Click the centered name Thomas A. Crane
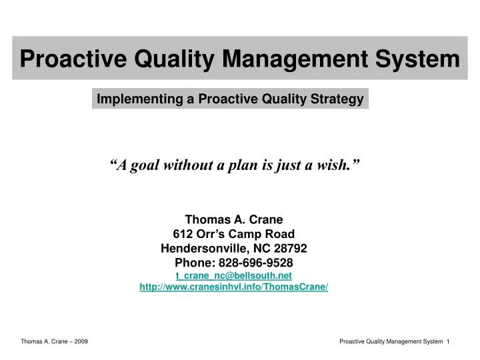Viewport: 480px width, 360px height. (x=234, y=219)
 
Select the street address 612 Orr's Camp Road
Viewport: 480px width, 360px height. (x=234, y=233)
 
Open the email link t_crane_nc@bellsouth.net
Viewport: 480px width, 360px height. (x=234, y=275)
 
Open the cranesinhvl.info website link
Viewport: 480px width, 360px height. (x=234, y=287)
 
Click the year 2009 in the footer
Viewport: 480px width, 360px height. (x=81, y=341)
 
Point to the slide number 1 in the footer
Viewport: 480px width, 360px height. (x=449, y=341)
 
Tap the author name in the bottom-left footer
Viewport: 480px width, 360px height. (x=44, y=341)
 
